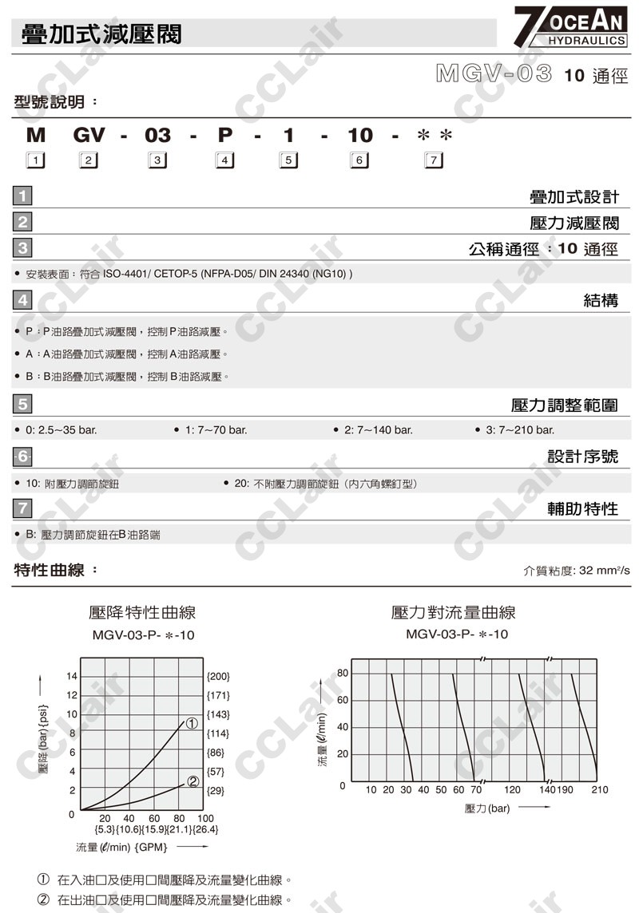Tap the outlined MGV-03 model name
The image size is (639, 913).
point(494,74)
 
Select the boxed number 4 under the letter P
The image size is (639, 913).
point(224,161)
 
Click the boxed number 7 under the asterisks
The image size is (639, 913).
point(433,161)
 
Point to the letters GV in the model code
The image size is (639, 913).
point(89,135)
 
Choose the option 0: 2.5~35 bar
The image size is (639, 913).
point(61,430)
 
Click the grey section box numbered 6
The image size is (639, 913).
point(23,457)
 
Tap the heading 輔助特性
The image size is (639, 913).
point(582,508)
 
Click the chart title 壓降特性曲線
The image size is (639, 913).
point(142,612)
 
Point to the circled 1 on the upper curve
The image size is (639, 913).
point(192,724)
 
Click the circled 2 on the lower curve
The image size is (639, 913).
point(192,781)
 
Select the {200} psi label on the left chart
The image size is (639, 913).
point(218,676)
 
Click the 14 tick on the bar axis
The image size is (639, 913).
point(71,677)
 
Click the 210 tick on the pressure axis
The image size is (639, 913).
point(599,789)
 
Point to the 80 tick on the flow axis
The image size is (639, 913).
point(343,673)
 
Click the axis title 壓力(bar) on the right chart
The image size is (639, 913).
point(486,808)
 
